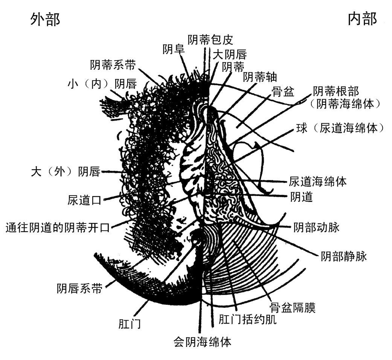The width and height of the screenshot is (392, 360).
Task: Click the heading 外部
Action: coord(45,19)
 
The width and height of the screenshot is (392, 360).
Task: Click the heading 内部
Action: coord(362,19)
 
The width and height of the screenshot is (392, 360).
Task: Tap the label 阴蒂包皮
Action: coord(210,39)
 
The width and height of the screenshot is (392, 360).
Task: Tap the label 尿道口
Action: coord(85,199)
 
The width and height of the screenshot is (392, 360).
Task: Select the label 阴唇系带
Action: coord(79,288)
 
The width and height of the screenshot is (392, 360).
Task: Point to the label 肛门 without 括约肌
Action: coord(129,323)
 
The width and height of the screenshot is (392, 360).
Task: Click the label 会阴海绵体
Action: coord(202,342)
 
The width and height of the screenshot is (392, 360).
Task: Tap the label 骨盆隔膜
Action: coord(293,307)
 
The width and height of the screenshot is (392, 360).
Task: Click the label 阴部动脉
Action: coord(316,227)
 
